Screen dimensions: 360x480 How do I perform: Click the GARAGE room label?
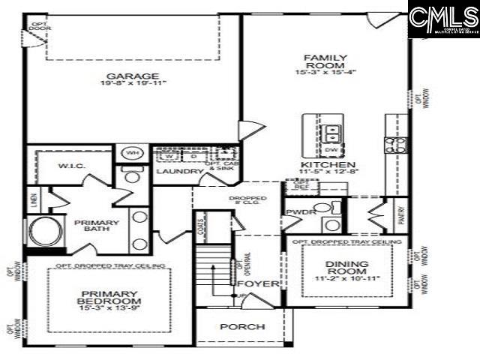pos(132,76)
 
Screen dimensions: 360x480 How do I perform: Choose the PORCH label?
pos(241,327)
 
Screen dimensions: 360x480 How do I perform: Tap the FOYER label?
pos(257,285)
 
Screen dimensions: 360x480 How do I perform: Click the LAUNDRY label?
pos(179,172)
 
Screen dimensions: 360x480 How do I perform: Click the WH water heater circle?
pos(132,154)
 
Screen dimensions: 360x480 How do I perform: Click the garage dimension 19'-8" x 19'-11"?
pos(132,85)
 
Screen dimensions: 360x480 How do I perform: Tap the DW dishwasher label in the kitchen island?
pos(331,149)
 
